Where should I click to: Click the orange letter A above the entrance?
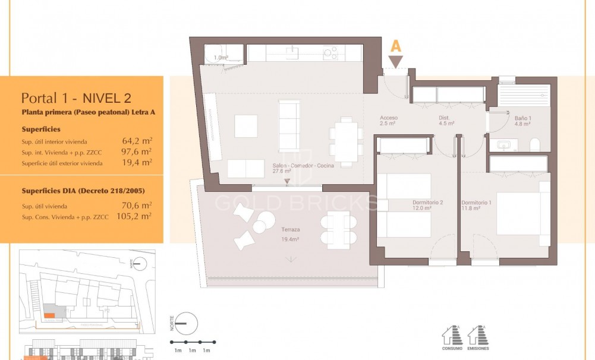[x=396, y=46]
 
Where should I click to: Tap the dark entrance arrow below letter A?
[x=396, y=61]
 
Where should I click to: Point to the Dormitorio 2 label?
[x=428, y=206]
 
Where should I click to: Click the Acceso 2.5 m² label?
[x=389, y=121]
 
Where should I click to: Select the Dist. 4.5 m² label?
[x=446, y=121]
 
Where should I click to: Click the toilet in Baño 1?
[x=534, y=144]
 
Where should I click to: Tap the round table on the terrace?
[x=260, y=226]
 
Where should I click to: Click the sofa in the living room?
[x=289, y=125]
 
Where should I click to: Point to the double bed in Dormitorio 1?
[x=519, y=213]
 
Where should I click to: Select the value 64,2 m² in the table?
[x=138, y=141]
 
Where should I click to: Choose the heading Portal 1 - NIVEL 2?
[x=76, y=98]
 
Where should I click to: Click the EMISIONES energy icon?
[x=478, y=339]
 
